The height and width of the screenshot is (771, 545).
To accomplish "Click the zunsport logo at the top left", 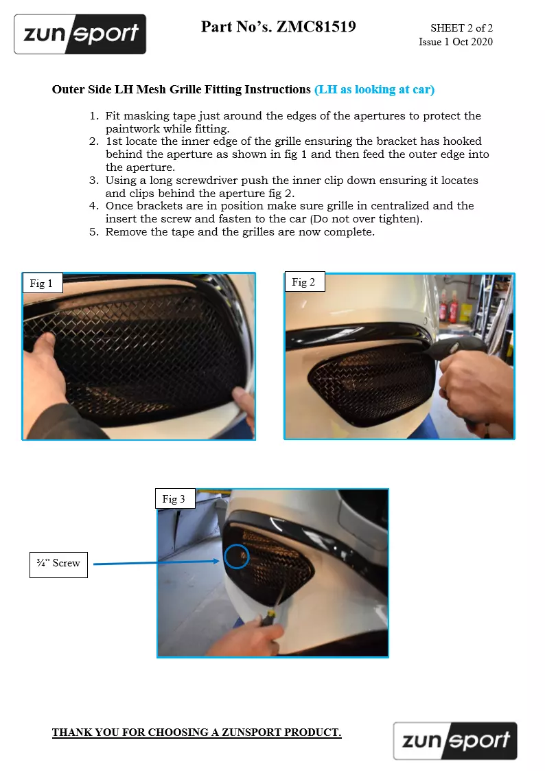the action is click(80, 34).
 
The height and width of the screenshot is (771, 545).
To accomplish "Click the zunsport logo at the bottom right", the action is click(455, 741).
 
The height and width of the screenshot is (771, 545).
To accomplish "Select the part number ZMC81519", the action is click(316, 27).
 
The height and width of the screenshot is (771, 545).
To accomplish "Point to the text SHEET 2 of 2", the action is click(461, 28).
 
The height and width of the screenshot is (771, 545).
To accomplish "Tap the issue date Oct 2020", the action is click(472, 42).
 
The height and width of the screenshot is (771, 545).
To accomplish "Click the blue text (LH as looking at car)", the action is click(375, 89).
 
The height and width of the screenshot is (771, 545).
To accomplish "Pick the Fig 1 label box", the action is click(43, 284).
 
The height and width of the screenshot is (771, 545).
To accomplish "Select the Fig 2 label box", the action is click(305, 281).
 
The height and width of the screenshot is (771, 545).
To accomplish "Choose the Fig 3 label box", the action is click(176, 498).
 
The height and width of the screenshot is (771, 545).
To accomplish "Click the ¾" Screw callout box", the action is click(58, 564).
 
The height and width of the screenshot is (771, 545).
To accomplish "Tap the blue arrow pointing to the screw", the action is click(156, 562).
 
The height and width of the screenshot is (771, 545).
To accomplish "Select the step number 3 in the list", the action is click(94, 181).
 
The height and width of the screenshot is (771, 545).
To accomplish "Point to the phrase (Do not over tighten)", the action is click(366, 219).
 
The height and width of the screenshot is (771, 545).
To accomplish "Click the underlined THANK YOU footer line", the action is click(196, 732).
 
